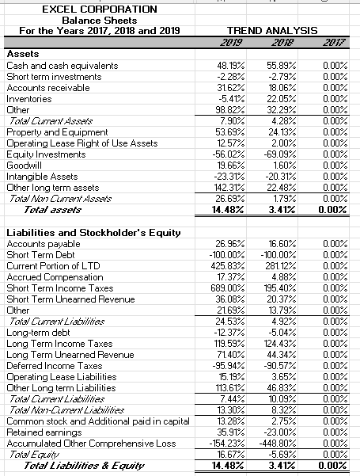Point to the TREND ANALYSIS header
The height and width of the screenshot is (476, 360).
[x=274, y=30]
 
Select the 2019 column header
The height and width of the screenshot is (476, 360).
[x=232, y=41]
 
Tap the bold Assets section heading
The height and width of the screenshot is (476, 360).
[x=21, y=54]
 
